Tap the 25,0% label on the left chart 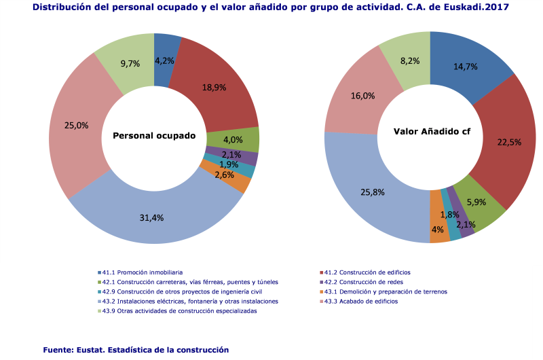click(76, 125)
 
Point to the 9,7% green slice click(130, 63)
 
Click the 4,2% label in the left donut click(165, 60)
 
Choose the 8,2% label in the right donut click(409, 60)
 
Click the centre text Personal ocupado click(154, 136)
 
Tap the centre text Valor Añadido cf click(432, 131)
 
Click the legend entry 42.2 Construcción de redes click(371, 282)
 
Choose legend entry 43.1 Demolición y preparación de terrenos click(386, 291)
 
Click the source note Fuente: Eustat click(135, 349)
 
